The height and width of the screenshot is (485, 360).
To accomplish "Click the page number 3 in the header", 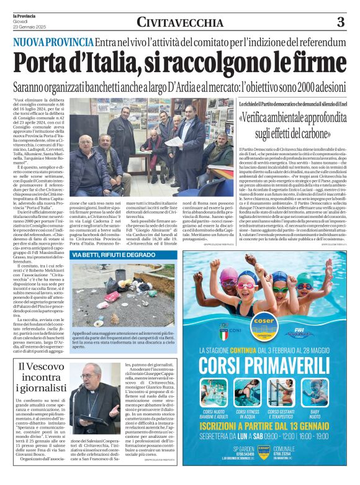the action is tap(340, 23).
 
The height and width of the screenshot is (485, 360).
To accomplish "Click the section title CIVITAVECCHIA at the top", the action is tap(180, 23).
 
